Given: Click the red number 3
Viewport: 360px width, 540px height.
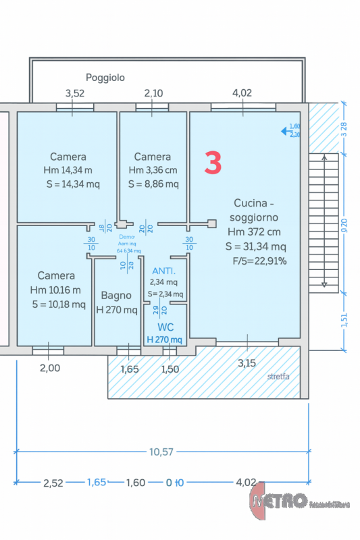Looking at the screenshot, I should tap(213, 163).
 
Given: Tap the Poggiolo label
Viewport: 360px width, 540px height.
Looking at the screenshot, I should tap(105, 78).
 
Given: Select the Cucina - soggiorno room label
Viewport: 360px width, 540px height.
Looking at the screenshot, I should tap(253, 209).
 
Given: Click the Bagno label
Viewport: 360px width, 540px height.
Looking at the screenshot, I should tap(115, 295).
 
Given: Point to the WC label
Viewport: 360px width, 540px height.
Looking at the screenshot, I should tap(165, 327).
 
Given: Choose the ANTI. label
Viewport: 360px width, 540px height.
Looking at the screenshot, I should tap(163, 271).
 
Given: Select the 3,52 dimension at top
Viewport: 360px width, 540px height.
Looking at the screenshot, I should tap(74, 93).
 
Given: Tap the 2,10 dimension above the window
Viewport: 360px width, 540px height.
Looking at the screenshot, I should tap(153, 93).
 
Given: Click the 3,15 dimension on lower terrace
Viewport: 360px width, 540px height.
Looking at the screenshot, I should tap(247, 363).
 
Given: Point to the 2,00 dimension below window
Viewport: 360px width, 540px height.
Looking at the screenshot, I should tap(49, 368).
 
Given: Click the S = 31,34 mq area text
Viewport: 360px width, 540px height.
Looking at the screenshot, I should tap(255, 246).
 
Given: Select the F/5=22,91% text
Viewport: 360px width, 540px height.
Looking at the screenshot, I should tap(259, 261).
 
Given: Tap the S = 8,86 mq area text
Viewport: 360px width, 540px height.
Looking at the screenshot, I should tap(153, 184).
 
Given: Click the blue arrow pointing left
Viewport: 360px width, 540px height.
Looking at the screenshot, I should tap(285, 132).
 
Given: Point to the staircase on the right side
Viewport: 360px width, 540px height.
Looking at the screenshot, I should tap(324, 222).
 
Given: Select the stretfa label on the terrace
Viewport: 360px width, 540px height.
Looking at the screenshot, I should tap(278, 376).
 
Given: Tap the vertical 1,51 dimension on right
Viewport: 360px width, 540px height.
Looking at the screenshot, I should tap(344, 321).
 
